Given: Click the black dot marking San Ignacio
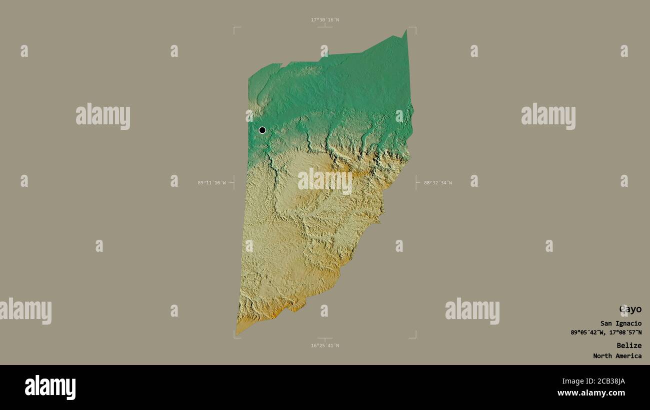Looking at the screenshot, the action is (262, 130).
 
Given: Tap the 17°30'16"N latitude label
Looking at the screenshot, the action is (324, 20).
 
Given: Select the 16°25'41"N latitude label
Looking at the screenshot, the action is (324, 346).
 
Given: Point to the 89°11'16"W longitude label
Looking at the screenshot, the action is (211, 183).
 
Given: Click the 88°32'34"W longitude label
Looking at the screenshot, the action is (438, 183).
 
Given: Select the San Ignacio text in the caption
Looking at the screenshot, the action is (621, 324).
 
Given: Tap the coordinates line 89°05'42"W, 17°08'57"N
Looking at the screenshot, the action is (606, 333).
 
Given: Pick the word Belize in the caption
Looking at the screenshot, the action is (628, 346).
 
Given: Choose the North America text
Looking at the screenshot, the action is (617, 356).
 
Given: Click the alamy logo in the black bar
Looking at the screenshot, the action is (50, 388).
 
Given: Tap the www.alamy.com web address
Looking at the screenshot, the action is (591, 393).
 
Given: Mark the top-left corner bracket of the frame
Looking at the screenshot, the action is (234, 28).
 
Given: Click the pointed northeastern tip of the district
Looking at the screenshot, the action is (405, 31).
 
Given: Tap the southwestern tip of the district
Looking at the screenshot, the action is (237, 333).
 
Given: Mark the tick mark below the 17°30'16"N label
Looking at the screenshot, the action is (324, 26).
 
